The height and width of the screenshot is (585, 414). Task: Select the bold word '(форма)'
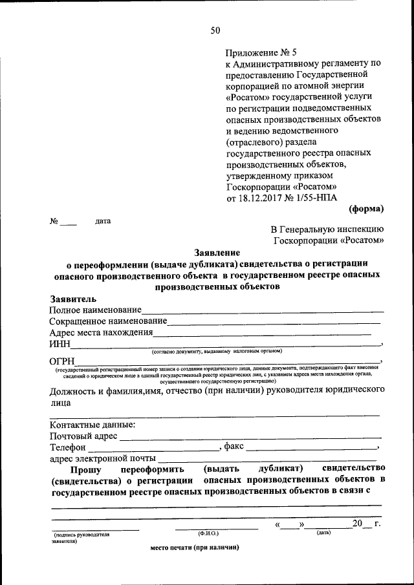pos(367,208)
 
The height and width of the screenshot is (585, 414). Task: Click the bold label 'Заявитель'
pos(73,299)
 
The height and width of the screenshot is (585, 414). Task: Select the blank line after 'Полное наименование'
pos(261,313)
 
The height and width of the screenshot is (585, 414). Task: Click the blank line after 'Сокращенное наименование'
pos(274,323)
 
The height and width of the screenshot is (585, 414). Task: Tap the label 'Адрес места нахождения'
pos(101,333)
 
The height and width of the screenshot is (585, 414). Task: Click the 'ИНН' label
pos(60,345)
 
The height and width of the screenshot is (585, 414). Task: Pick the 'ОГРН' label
pos(63,361)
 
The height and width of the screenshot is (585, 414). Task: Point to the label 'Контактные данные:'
pos(93,425)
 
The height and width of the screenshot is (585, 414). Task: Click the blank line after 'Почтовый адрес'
pos(250,438)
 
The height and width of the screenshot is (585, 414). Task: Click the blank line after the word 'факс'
pos(311,449)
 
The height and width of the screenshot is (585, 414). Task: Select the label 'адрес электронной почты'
pos(103,459)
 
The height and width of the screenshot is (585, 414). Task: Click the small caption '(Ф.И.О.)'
pos(209,533)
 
